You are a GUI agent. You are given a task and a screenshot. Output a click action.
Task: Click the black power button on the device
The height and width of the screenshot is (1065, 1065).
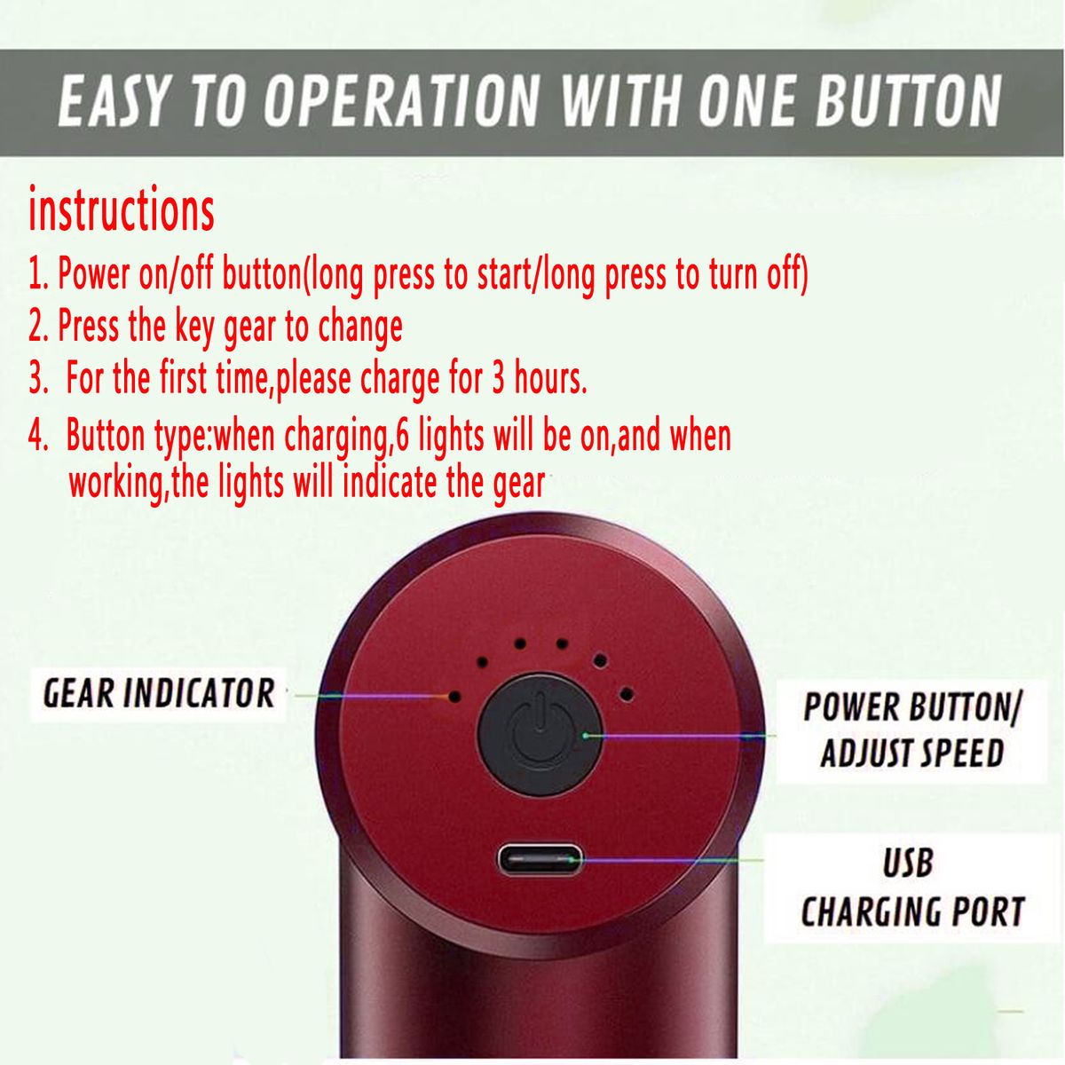click(540, 735)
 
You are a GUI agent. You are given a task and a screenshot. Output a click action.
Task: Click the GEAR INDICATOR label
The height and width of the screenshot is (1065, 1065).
click(159, 694)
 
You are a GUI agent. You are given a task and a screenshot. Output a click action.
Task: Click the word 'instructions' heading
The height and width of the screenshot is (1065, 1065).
click(121, 209)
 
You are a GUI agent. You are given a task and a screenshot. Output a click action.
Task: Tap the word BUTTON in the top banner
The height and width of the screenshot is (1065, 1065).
click(909, 102)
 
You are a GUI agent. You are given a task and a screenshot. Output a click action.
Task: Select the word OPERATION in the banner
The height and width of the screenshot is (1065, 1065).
click(400, 102)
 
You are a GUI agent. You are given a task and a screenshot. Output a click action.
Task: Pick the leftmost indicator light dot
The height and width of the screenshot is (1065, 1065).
click(454, 697)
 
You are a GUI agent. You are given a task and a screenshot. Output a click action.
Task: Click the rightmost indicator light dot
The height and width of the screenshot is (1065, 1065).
click(627, 694)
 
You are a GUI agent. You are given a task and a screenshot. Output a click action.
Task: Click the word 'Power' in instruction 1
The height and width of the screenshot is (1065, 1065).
click(94, 273)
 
